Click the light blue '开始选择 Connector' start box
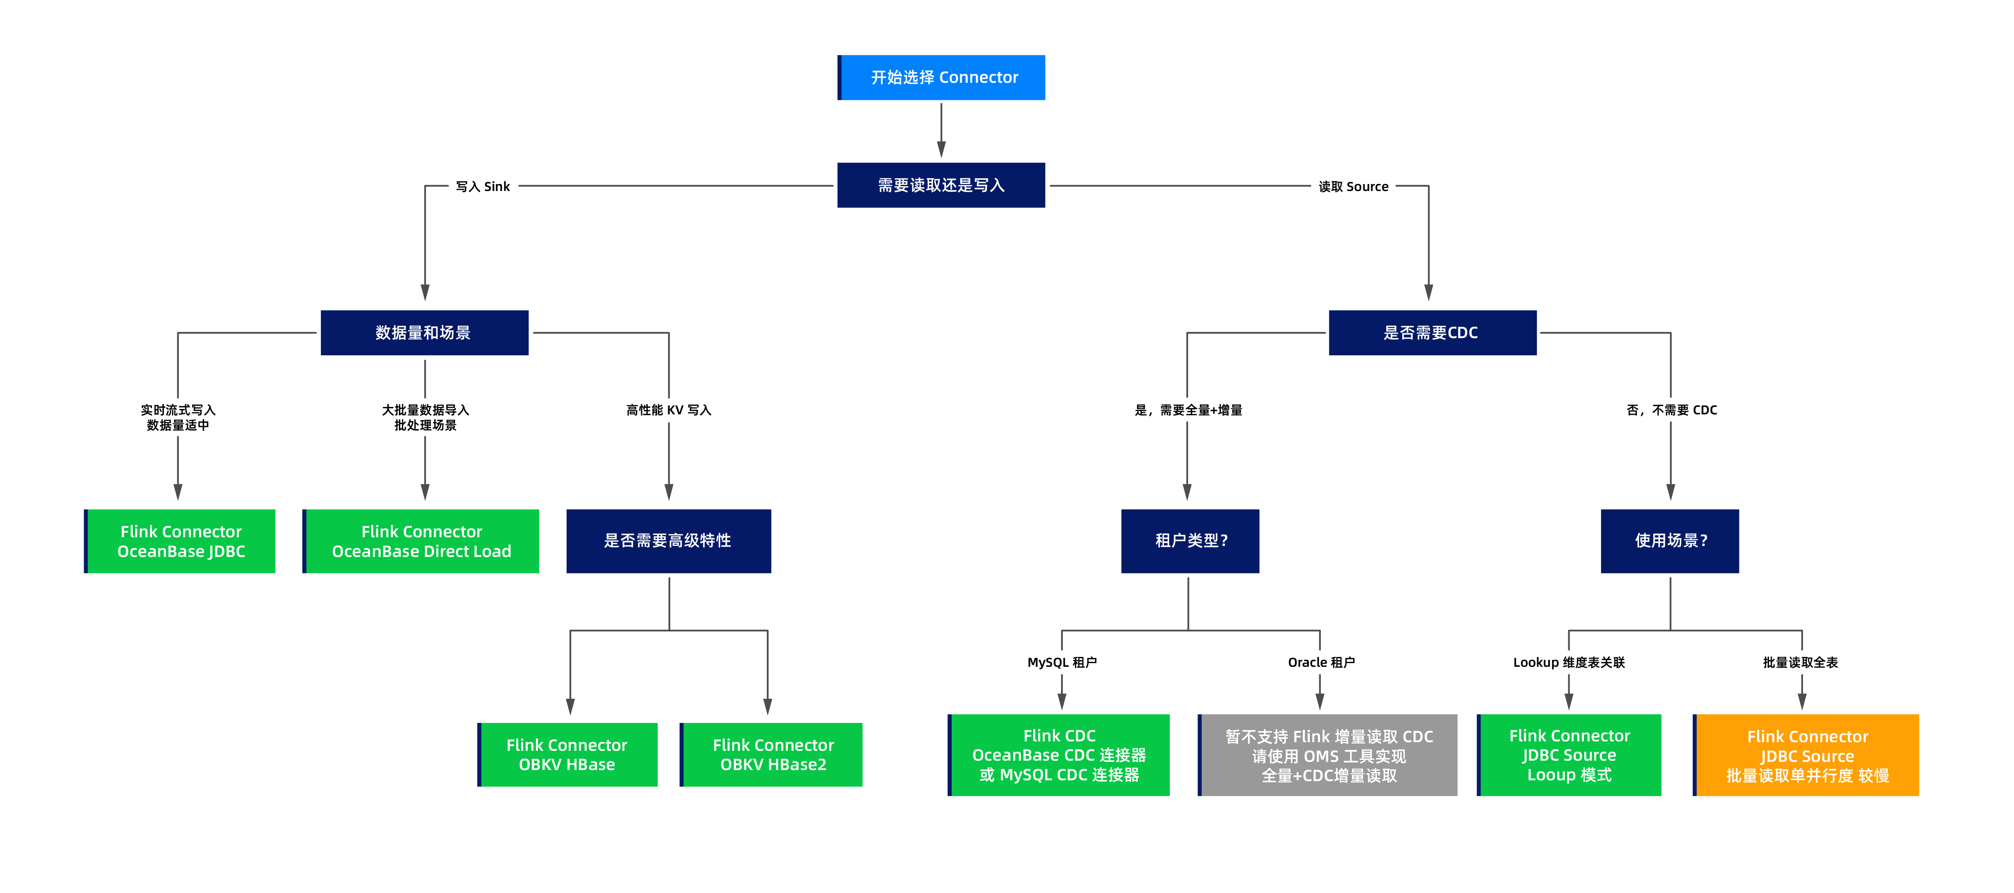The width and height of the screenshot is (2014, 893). point(941,77)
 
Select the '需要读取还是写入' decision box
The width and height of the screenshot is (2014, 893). point(941,185)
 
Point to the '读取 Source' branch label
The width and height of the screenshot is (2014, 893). point(1353,186)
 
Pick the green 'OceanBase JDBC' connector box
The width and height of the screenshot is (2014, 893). point(180,541)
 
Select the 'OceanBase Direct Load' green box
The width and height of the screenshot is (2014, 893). point(421,541)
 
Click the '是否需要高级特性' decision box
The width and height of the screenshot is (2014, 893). point(669,541)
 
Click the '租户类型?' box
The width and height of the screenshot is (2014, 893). point(1190,541)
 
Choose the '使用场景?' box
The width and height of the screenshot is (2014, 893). point(1670,541)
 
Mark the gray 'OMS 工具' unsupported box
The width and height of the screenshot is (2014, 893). point(1327,755)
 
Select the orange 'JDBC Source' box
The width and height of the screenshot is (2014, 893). point(1806,755)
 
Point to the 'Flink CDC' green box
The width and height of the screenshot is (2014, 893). point(1059,755)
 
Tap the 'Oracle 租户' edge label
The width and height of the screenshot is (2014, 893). point(1321,662)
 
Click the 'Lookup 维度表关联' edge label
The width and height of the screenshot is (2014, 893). point(1569,662)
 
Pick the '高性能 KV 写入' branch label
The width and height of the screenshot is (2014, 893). point(669,410)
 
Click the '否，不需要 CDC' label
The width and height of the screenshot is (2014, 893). point(1672,410)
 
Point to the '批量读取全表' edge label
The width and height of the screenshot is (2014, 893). point(1801,662)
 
